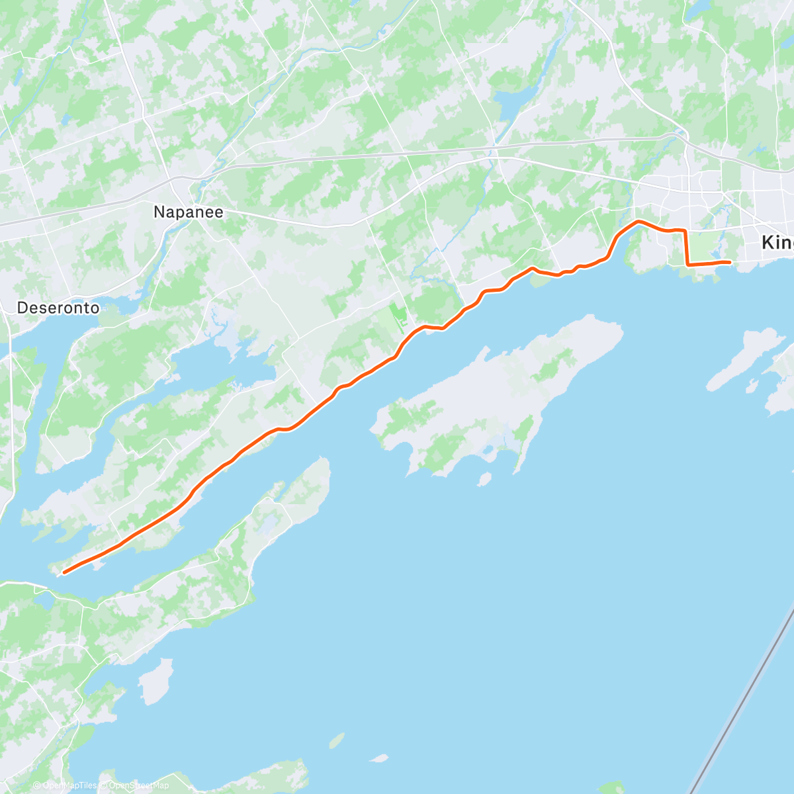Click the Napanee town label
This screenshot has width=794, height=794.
(188, 212)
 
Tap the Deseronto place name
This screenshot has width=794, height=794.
(58, 308)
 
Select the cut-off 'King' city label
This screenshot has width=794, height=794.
(777, 243)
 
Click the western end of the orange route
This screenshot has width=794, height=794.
(64, 572)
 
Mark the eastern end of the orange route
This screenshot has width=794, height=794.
(729, 263)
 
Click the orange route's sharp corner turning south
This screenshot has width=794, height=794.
(684, 230)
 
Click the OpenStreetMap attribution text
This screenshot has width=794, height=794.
(137, 785)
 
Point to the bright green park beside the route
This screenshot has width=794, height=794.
(398, 315)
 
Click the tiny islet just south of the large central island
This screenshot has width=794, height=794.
(485, 478)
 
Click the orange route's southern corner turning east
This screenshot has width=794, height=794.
(688, 265)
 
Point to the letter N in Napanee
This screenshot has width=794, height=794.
(159, 212)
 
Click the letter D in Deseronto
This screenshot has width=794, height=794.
(22, 308)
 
